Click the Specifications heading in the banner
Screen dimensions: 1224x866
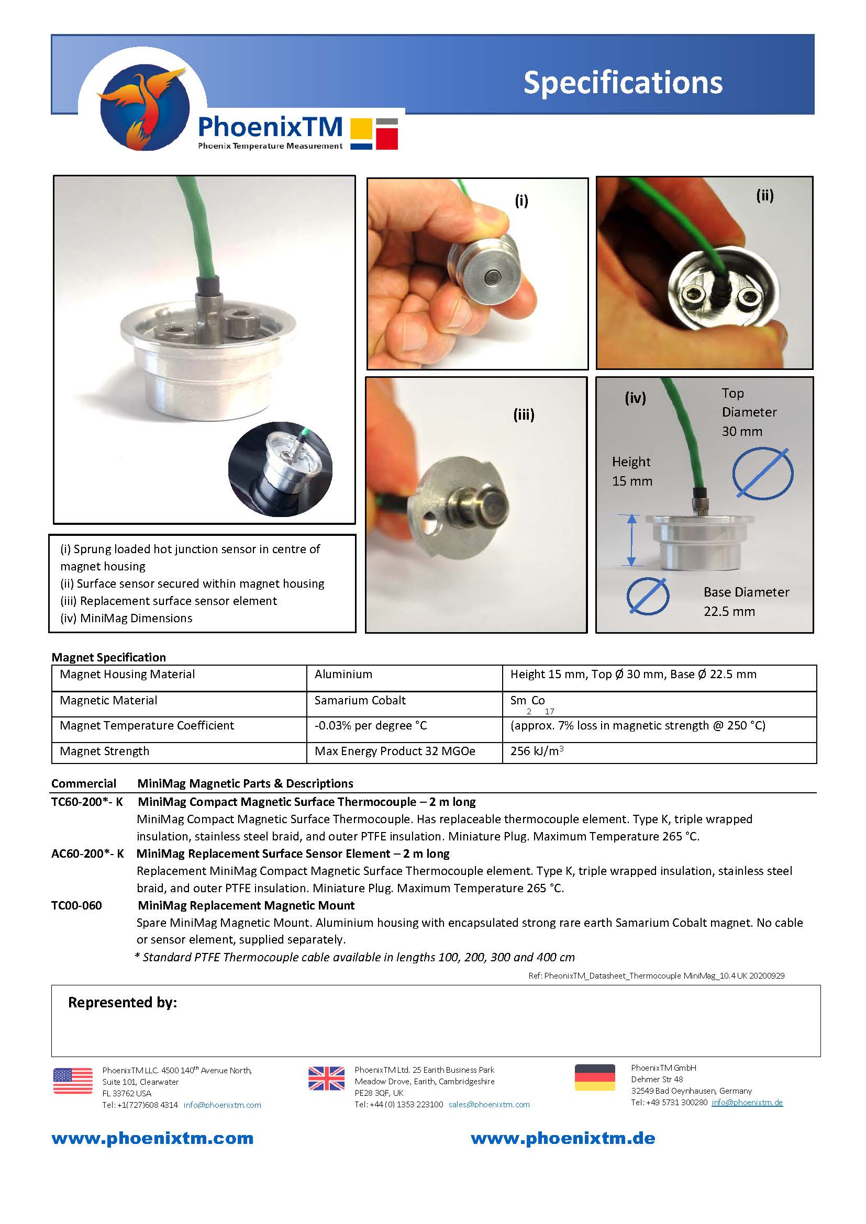click(623, 83)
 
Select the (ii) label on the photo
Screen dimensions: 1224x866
click(764, 196)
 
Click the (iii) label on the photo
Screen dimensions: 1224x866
click(523, 415)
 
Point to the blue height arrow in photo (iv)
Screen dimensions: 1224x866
click(631, 540)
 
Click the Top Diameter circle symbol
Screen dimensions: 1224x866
click(762, 474)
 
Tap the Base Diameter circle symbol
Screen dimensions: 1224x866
click(647, 596)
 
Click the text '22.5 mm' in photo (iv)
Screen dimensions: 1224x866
click(729, 611)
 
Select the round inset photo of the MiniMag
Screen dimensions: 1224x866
click(280, 469)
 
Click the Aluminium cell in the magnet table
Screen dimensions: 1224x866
click(343, 675)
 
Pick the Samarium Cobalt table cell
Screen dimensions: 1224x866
click(360, 701)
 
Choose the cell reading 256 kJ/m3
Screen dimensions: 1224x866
click(537, 751)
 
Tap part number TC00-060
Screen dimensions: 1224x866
click(76, 905)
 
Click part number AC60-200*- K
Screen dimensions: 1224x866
click(87, 854)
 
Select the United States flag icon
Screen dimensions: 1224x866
click(73, 1081)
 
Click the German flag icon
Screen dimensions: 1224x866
click(595, 1077)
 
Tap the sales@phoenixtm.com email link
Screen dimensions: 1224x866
click(489, 1105)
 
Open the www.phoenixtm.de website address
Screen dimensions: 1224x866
click(562, 1139)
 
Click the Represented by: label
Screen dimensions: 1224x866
click(122, 1003)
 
